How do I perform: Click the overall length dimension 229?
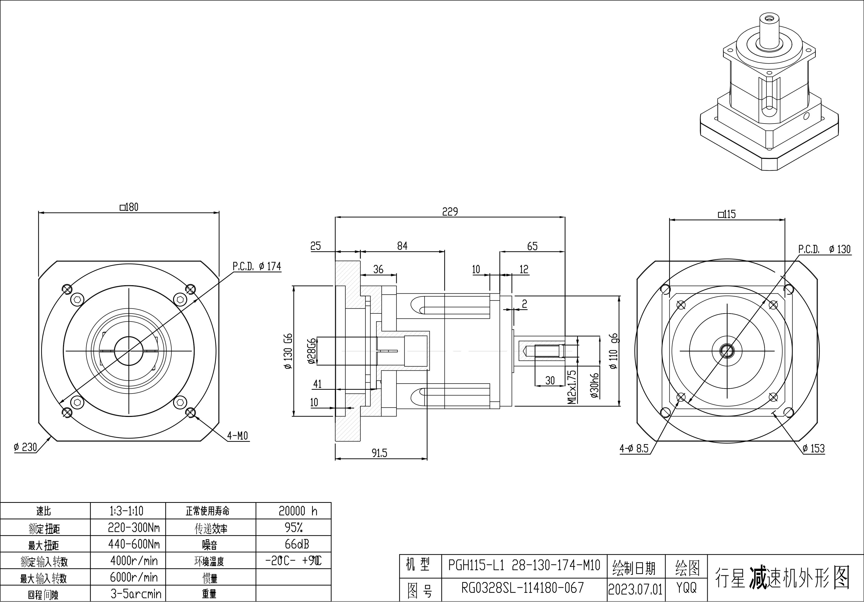coord(450,212)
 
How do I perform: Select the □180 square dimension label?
coord(129,207)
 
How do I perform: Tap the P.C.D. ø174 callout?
coord(257,266)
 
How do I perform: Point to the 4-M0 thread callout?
coord(237,436)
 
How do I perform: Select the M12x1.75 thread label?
coord(572,387)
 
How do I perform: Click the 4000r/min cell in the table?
coord(134,561)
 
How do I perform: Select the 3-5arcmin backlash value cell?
coord(135,594)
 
